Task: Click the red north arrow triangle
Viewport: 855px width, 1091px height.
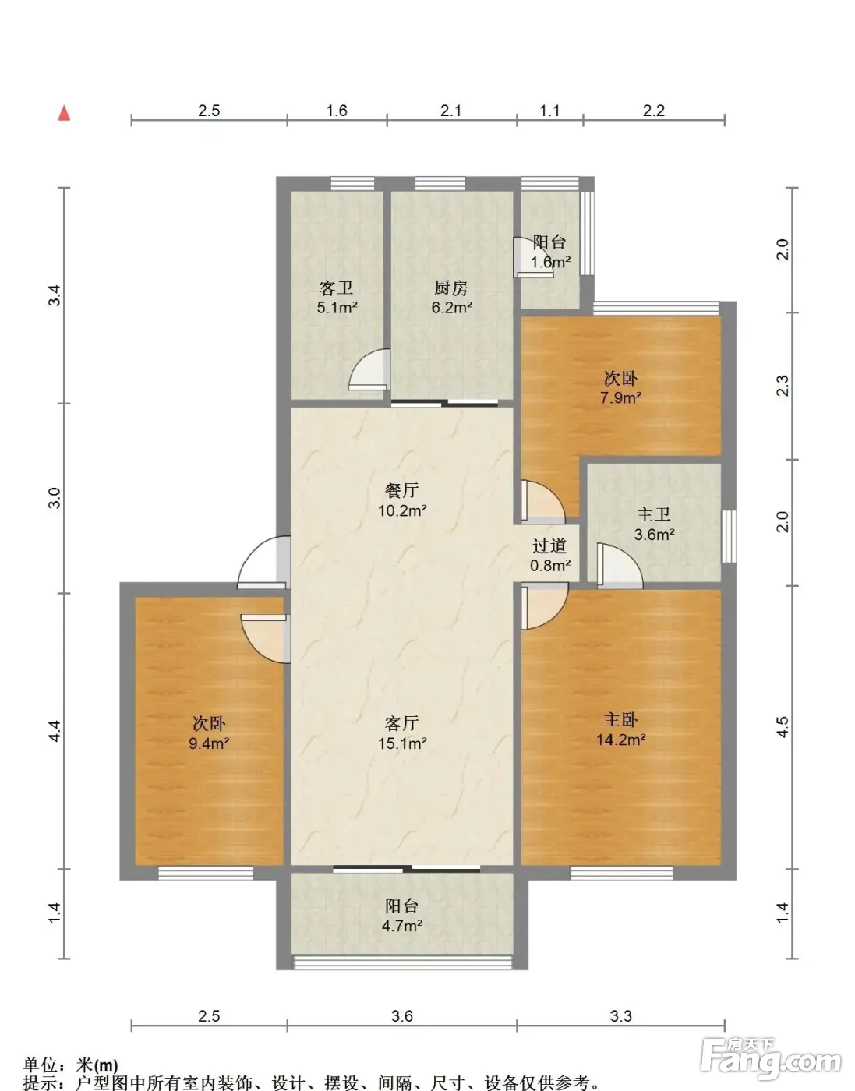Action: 64,114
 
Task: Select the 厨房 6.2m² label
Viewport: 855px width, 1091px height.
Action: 451,298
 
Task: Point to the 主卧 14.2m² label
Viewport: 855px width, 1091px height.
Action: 621,729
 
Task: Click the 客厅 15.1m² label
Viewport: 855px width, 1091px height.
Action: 402,733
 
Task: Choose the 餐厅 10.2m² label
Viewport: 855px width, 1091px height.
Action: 402,500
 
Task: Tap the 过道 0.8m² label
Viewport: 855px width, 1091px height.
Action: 549,556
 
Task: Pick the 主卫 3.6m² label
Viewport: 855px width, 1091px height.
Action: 654,524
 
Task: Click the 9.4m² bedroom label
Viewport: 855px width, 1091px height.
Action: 209,733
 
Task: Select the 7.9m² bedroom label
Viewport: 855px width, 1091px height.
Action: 621,387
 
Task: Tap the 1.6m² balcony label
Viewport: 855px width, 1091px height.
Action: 550,252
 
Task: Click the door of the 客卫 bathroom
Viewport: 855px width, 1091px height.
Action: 369,370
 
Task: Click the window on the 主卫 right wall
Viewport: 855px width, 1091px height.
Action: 729,536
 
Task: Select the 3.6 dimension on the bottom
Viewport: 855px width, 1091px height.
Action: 402,1015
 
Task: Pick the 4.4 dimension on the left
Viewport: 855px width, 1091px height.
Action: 55,730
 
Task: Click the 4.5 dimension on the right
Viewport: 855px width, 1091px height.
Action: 783,727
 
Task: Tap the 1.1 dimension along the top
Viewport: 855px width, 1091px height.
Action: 549,111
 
